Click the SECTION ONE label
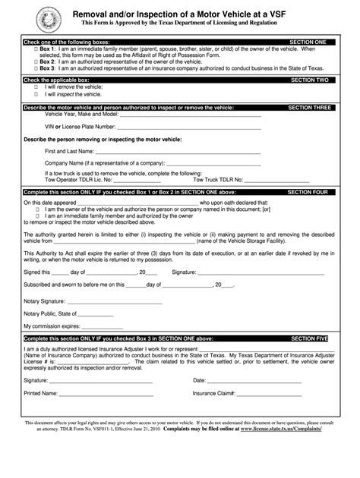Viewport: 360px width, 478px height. tap(308, 42)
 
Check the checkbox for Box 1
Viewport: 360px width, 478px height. tap(35, 48)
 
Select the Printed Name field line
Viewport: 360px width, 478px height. tap(106, 395)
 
